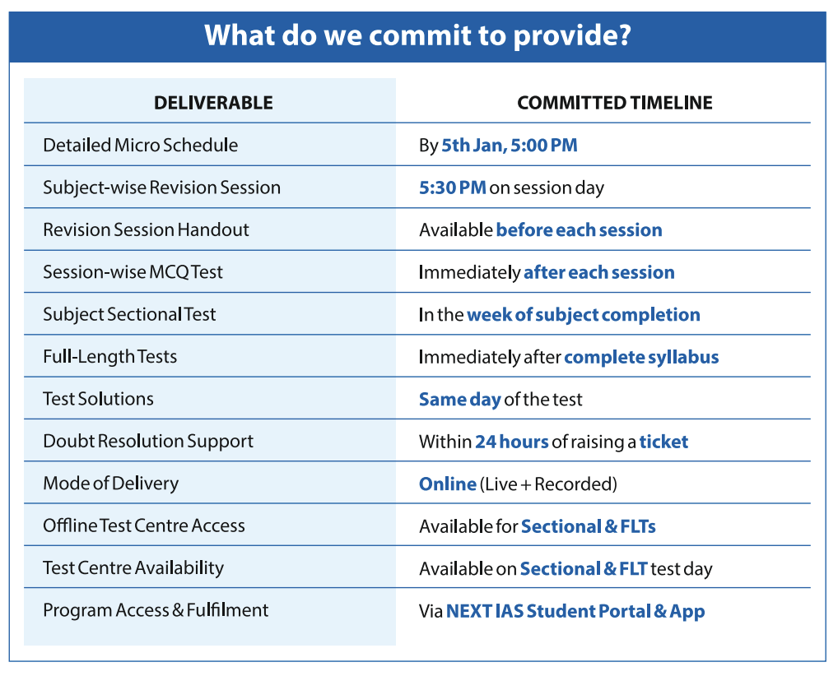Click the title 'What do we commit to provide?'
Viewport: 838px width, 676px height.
point(417,36)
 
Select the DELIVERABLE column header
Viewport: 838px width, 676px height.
point(213,103)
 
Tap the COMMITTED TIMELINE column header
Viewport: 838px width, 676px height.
point(615,103)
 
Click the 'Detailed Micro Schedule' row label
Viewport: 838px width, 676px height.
point(141,146)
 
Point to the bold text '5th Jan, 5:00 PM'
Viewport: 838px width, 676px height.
point(510,146)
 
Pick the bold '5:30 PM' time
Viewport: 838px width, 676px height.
point(453,188)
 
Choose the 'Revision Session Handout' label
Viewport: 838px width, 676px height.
point(146,229)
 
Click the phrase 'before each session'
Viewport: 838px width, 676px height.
point(580,229)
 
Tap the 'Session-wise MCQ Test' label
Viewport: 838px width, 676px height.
point(133,272)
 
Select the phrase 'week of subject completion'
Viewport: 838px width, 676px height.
point(584,314)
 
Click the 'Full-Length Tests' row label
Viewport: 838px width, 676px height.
point(110,357)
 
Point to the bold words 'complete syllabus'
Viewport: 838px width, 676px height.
point(641,357)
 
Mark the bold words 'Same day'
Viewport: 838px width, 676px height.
point(459,400)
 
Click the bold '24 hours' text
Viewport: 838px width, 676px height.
point(512,442)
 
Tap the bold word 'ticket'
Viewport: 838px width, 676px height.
point(663,442)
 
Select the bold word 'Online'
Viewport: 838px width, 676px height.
point(447,484)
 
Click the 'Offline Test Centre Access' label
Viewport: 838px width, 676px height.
point(144,526)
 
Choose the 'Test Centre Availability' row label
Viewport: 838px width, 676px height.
point(133,568)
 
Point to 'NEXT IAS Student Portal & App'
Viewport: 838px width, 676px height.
point(575,611)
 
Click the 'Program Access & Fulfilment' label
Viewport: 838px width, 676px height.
point(156,610)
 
